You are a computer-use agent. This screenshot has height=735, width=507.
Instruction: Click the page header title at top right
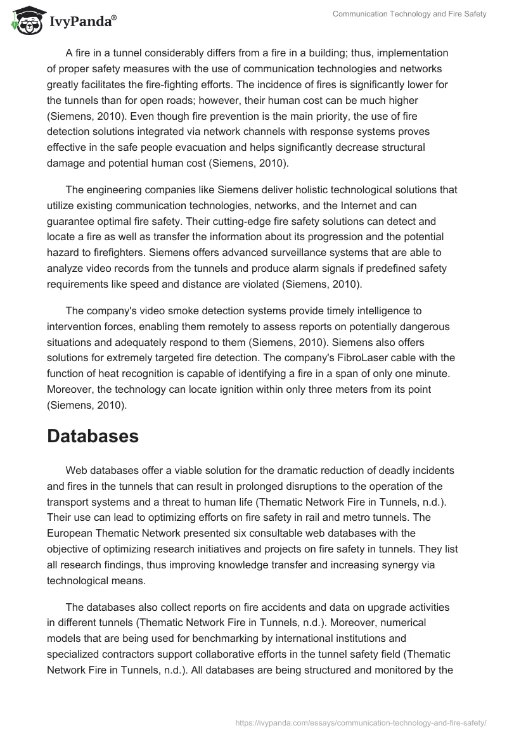click(409, 14)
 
